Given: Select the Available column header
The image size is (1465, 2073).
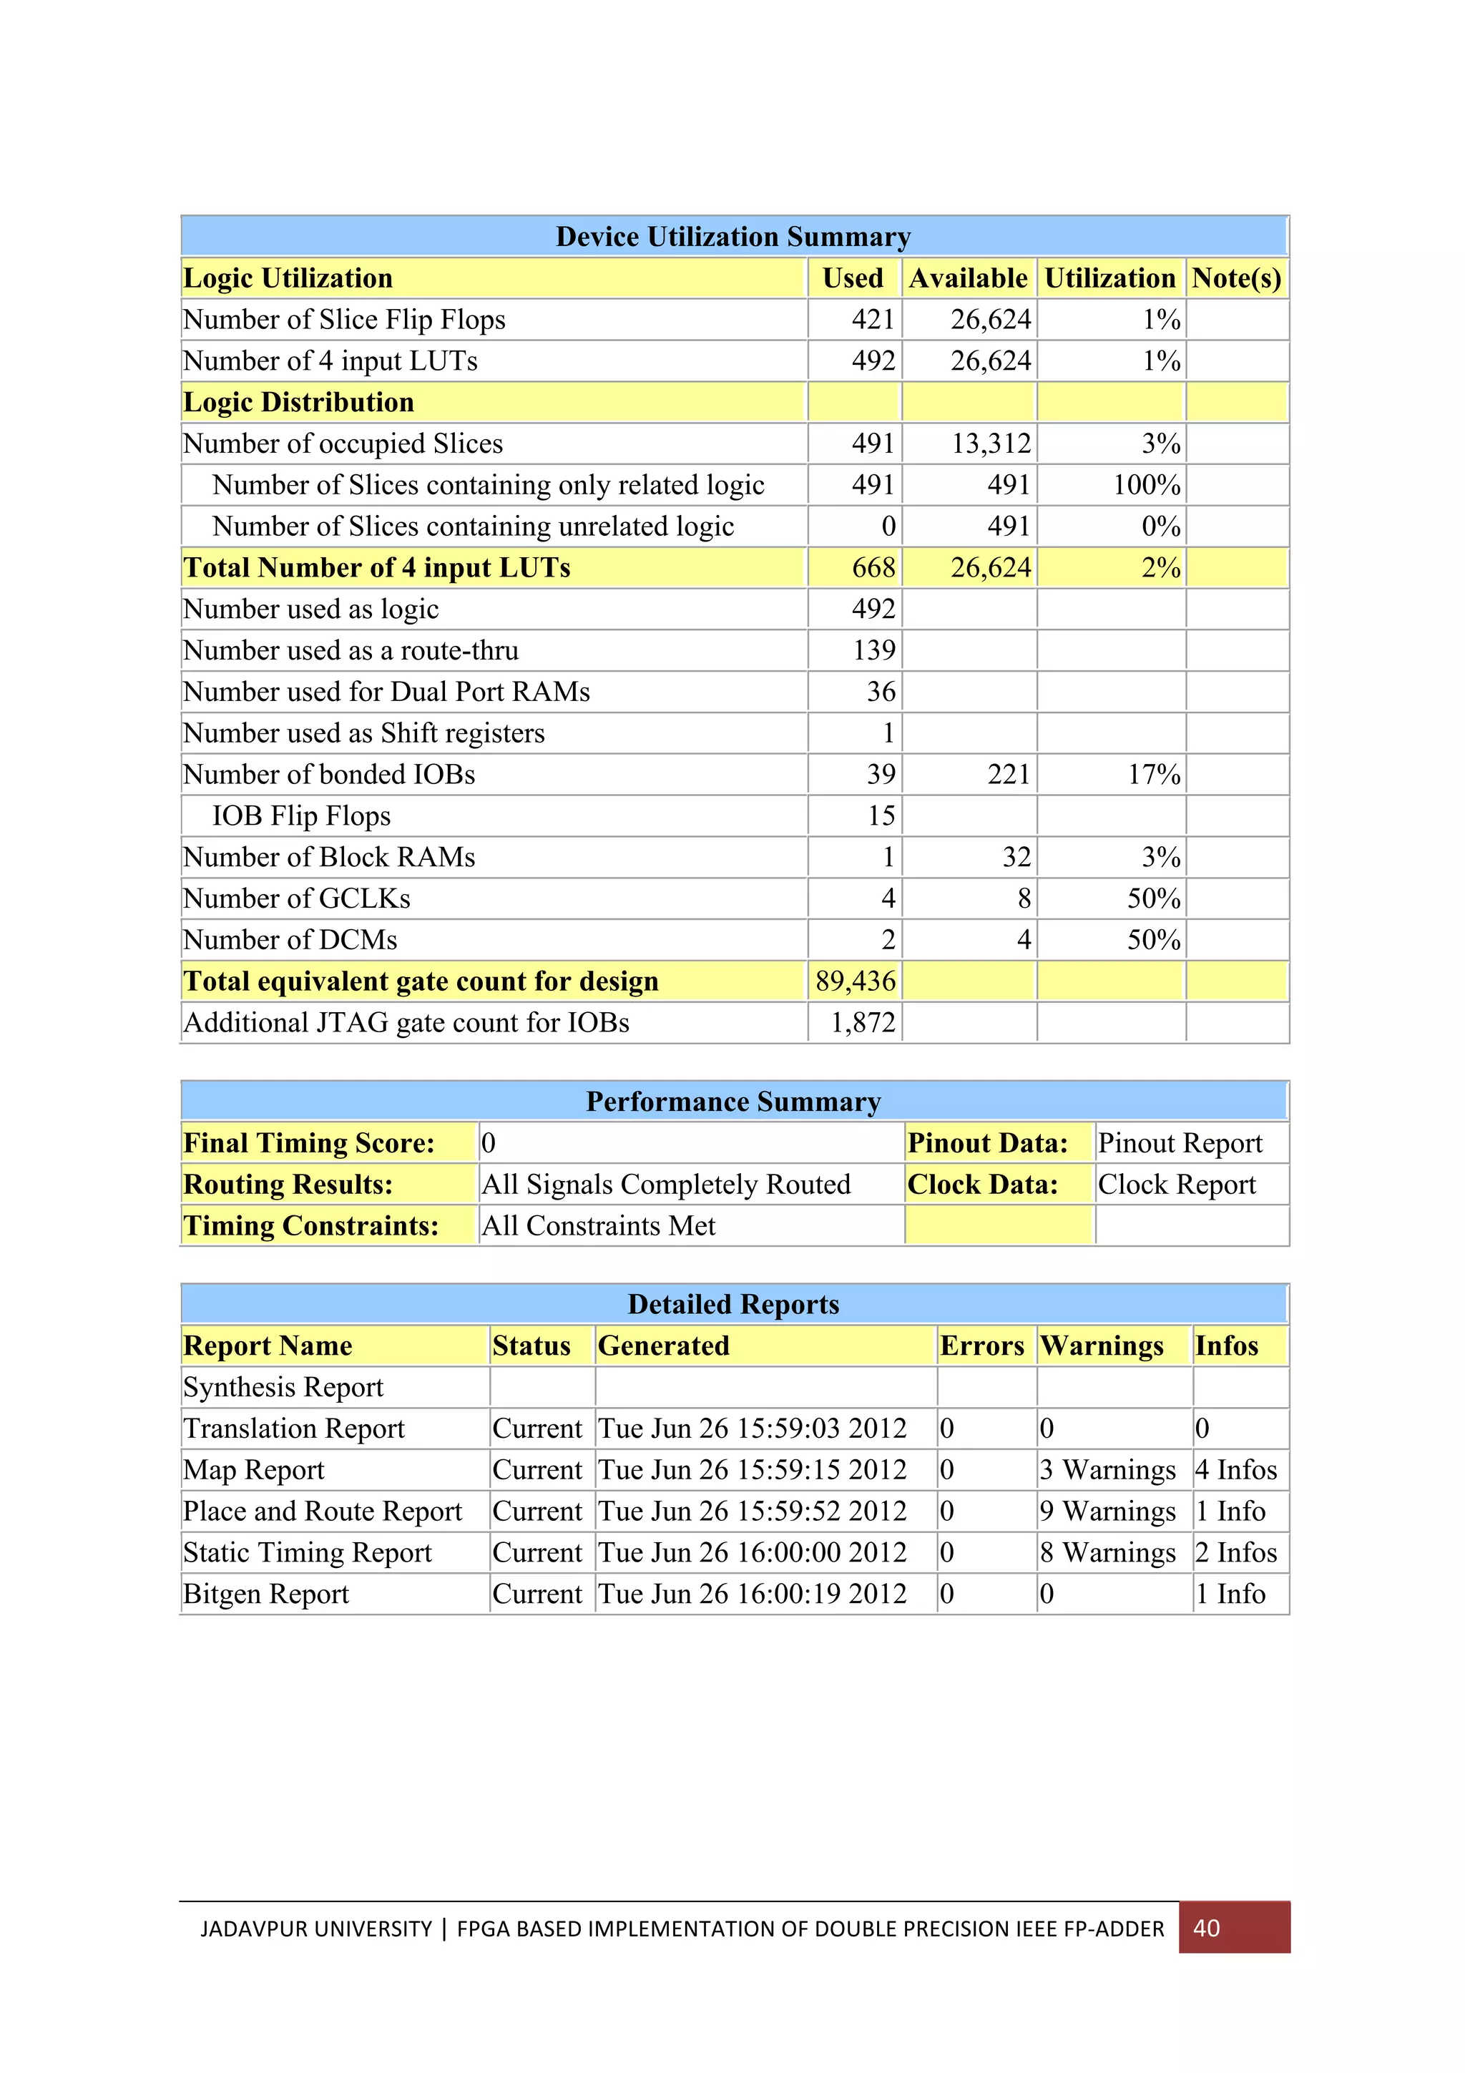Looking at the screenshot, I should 968,278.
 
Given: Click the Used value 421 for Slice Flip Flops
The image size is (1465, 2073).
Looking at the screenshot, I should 872,320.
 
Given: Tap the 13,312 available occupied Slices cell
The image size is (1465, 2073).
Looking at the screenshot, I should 990,443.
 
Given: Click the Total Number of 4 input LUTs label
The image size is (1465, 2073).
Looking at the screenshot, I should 376,568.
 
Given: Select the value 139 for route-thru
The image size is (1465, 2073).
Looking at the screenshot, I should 873,650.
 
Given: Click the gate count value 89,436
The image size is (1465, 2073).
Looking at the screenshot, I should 855,981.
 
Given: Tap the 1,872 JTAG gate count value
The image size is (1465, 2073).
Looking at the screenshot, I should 862,1022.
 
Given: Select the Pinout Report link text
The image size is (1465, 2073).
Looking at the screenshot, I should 1179,1143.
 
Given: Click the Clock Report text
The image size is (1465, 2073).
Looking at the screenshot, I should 1176,1185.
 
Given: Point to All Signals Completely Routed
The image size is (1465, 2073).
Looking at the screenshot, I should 665,1185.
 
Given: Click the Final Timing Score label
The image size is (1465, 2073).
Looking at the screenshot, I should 309,1143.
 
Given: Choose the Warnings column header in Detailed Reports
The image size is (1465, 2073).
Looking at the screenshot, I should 1101,1346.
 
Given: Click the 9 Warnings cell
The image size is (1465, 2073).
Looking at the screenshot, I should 1107,1511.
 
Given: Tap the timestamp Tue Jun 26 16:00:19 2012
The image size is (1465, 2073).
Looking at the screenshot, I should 752,1594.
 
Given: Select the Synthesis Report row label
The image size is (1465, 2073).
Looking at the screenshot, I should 283,1387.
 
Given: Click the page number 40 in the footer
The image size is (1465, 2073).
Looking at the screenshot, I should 1206,1928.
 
